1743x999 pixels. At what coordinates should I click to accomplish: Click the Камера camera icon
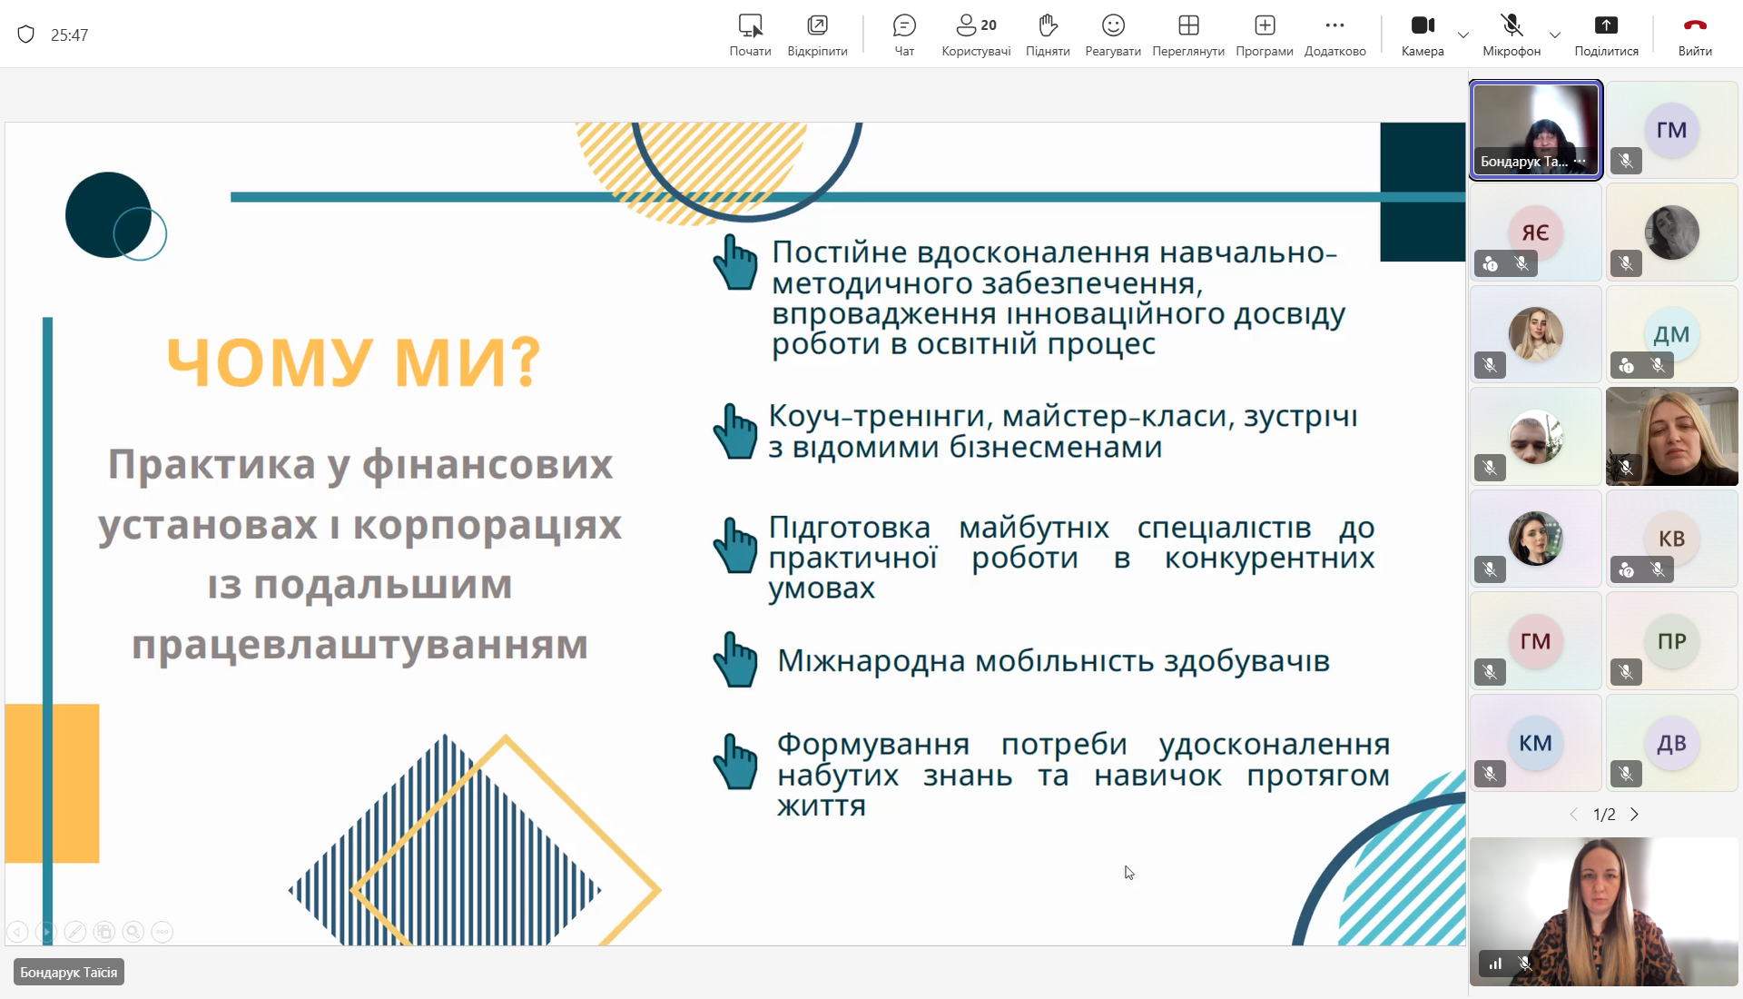coord(1423,25)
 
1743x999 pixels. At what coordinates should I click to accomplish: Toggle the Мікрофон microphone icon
coord(1512,25)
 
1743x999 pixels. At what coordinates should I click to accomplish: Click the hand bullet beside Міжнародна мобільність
coord(735,659)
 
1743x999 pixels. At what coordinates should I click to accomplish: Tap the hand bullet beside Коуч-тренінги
coord(735,430)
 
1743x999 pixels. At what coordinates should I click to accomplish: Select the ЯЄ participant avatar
coord(1535,232)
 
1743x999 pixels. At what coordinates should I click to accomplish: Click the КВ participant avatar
coord(1671,539)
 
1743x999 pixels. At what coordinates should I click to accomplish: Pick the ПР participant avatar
coord(1671,641)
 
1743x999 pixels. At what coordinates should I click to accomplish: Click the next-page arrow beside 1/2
coord(1635,815)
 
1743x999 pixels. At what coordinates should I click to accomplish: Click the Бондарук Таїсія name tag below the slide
coord(69,973)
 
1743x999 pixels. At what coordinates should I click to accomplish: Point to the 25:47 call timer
coord(69,35)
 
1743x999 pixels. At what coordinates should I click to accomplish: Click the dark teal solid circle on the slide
coord(107,215)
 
